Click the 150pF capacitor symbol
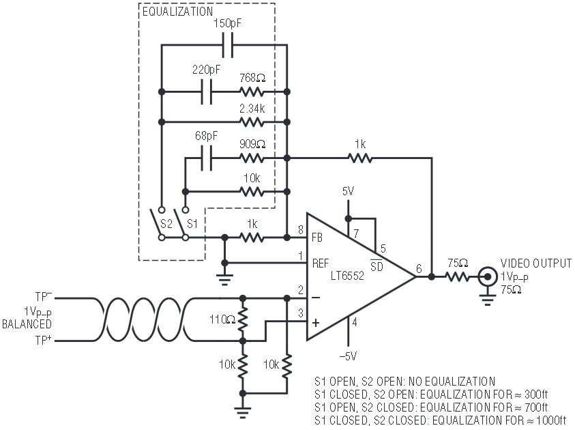[x=228, y=45]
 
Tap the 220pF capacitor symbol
[x=207, y=91]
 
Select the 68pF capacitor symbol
[x=207, y=158]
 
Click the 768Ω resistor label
[x=252, y=78]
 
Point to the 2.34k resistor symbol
[x=252, y=121]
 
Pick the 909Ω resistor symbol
[x=252, y=158]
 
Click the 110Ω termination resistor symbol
[x=242, y=319]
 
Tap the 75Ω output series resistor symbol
[x=458, y=276]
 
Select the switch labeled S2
[x=159, y=224]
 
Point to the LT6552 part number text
[x=347, y=275]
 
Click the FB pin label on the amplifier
[x=317, y=238]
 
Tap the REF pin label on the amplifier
[x=321, y=263]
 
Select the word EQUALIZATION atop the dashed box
[x=177, y=12]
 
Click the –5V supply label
[x=348, y=356]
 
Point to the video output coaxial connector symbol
[x=488, y=276]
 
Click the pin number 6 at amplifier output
[x=419, y=268]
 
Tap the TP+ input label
[x=43, y=340]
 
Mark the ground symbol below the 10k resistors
[x=242, y=412]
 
